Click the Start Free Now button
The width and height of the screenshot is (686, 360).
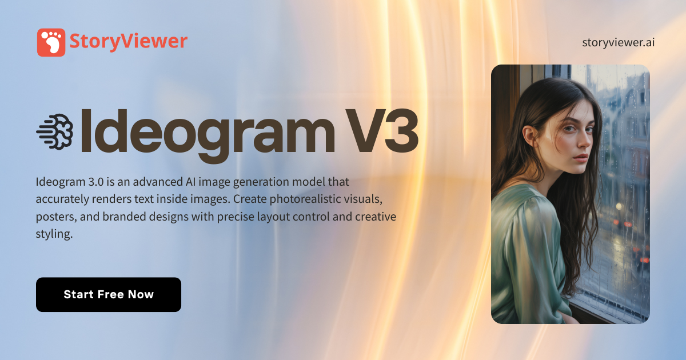(x=109, y=295)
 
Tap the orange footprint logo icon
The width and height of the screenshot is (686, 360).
(x=51, y=43)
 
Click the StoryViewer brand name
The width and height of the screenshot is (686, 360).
(x=128, y=41)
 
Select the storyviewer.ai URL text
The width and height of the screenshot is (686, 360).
(x=619, y=42)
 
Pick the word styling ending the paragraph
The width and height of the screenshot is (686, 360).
(x=54, y=234)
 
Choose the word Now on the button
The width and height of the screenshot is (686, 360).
(x=141, y=295)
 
